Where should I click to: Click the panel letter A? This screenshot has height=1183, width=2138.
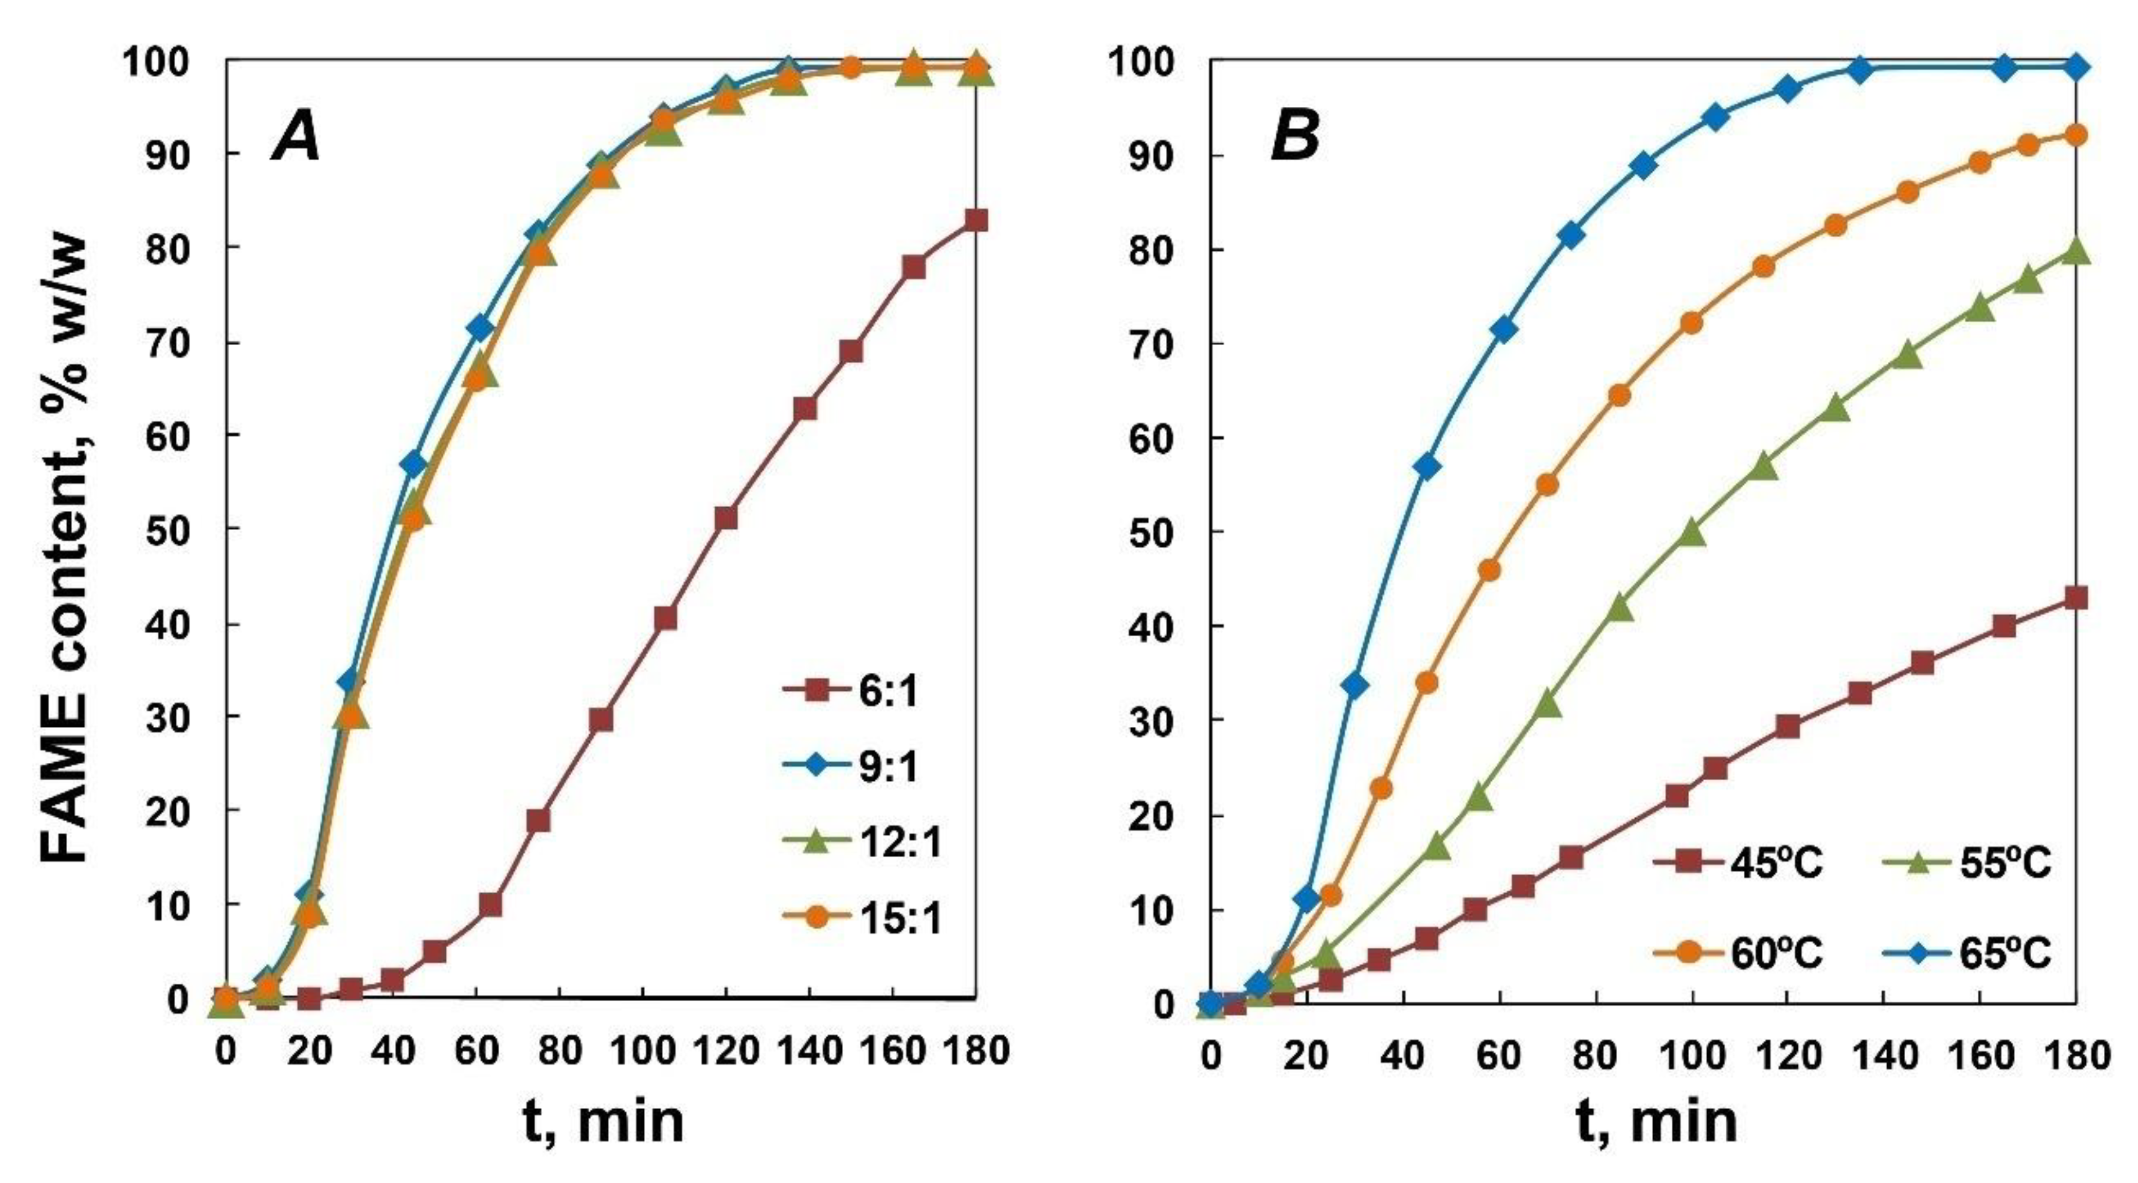coord(297,138)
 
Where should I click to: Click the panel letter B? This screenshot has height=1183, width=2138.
coord(1295,138)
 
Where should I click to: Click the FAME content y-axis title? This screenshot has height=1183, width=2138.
coord(67,548)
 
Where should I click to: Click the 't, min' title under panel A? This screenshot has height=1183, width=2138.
coord(604,1122)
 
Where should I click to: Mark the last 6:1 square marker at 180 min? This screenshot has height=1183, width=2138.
coord(977,221)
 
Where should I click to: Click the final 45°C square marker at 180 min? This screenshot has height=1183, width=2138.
coord(2076,598)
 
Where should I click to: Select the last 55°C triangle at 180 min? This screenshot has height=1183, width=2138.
coord(2076,250)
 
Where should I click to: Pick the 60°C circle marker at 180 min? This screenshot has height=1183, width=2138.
coord(2076,134)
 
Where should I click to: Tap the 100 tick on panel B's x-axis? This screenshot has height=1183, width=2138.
coord(1690,1056)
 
